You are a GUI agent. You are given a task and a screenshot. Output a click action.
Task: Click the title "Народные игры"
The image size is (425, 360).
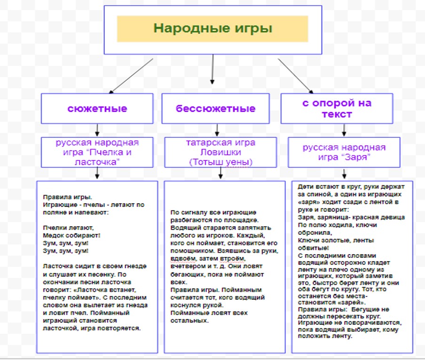pos(213,28)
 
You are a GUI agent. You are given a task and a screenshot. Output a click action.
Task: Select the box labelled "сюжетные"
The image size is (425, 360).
pos(97,109)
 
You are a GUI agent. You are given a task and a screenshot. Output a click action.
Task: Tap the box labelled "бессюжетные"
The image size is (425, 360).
pos(215,109)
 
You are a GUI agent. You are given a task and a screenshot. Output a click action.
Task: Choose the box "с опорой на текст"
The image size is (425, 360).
pos(337,109)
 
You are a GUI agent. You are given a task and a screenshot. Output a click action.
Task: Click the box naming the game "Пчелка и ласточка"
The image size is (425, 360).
pos(97,152)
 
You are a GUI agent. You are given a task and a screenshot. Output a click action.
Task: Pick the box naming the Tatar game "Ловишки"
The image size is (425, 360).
pos(220,152)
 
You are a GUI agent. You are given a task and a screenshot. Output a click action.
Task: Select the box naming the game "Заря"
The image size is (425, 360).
pos(344,152)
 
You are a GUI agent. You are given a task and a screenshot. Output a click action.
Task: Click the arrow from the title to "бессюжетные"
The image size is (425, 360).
pos(212,69)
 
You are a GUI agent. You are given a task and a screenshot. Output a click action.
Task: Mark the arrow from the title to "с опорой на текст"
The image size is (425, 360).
pos(295,76)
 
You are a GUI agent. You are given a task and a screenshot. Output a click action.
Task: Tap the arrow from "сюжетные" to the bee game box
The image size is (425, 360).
pos(97,130)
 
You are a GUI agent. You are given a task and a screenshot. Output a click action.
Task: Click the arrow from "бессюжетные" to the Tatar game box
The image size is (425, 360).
pos(217,130)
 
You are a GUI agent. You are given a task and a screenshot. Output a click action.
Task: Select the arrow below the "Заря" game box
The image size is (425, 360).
pos(344,174)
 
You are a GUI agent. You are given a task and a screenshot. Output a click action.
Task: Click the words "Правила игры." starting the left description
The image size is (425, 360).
pos(68,197)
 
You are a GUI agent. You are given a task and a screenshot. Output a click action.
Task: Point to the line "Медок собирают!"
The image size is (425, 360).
pos(71,235)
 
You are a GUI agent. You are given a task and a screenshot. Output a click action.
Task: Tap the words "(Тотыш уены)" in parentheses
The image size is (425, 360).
pos(220,162)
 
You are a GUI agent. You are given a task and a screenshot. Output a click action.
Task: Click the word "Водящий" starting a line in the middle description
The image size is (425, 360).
pos(184,228)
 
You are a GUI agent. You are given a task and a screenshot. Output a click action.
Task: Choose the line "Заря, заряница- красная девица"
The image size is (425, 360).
pos(351,217)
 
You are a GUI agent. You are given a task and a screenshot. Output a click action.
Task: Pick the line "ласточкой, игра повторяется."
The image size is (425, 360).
pos(92,328)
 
